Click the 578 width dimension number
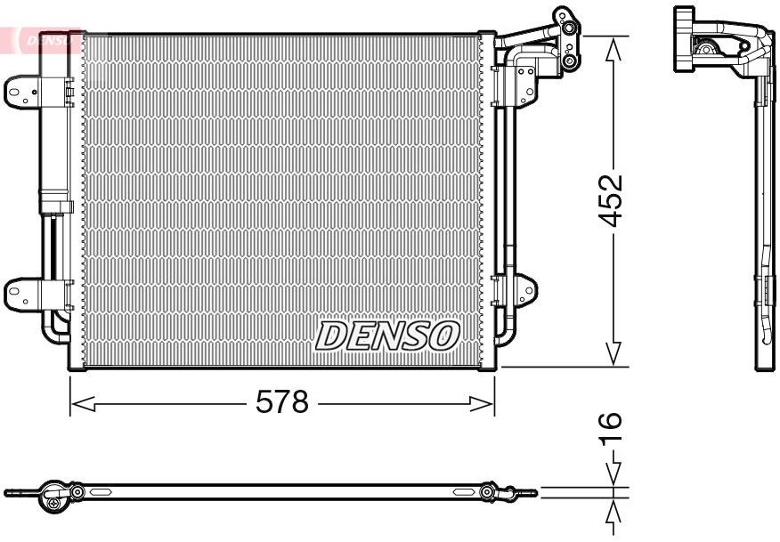tap(281, 403)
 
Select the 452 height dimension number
tap(611, 202)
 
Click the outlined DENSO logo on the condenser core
tap(387, 336)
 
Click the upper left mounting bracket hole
tap(15, 90)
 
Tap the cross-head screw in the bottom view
tap(56, 504)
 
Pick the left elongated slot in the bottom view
tap(98, 491)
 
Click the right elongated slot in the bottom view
tap(463, 491)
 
